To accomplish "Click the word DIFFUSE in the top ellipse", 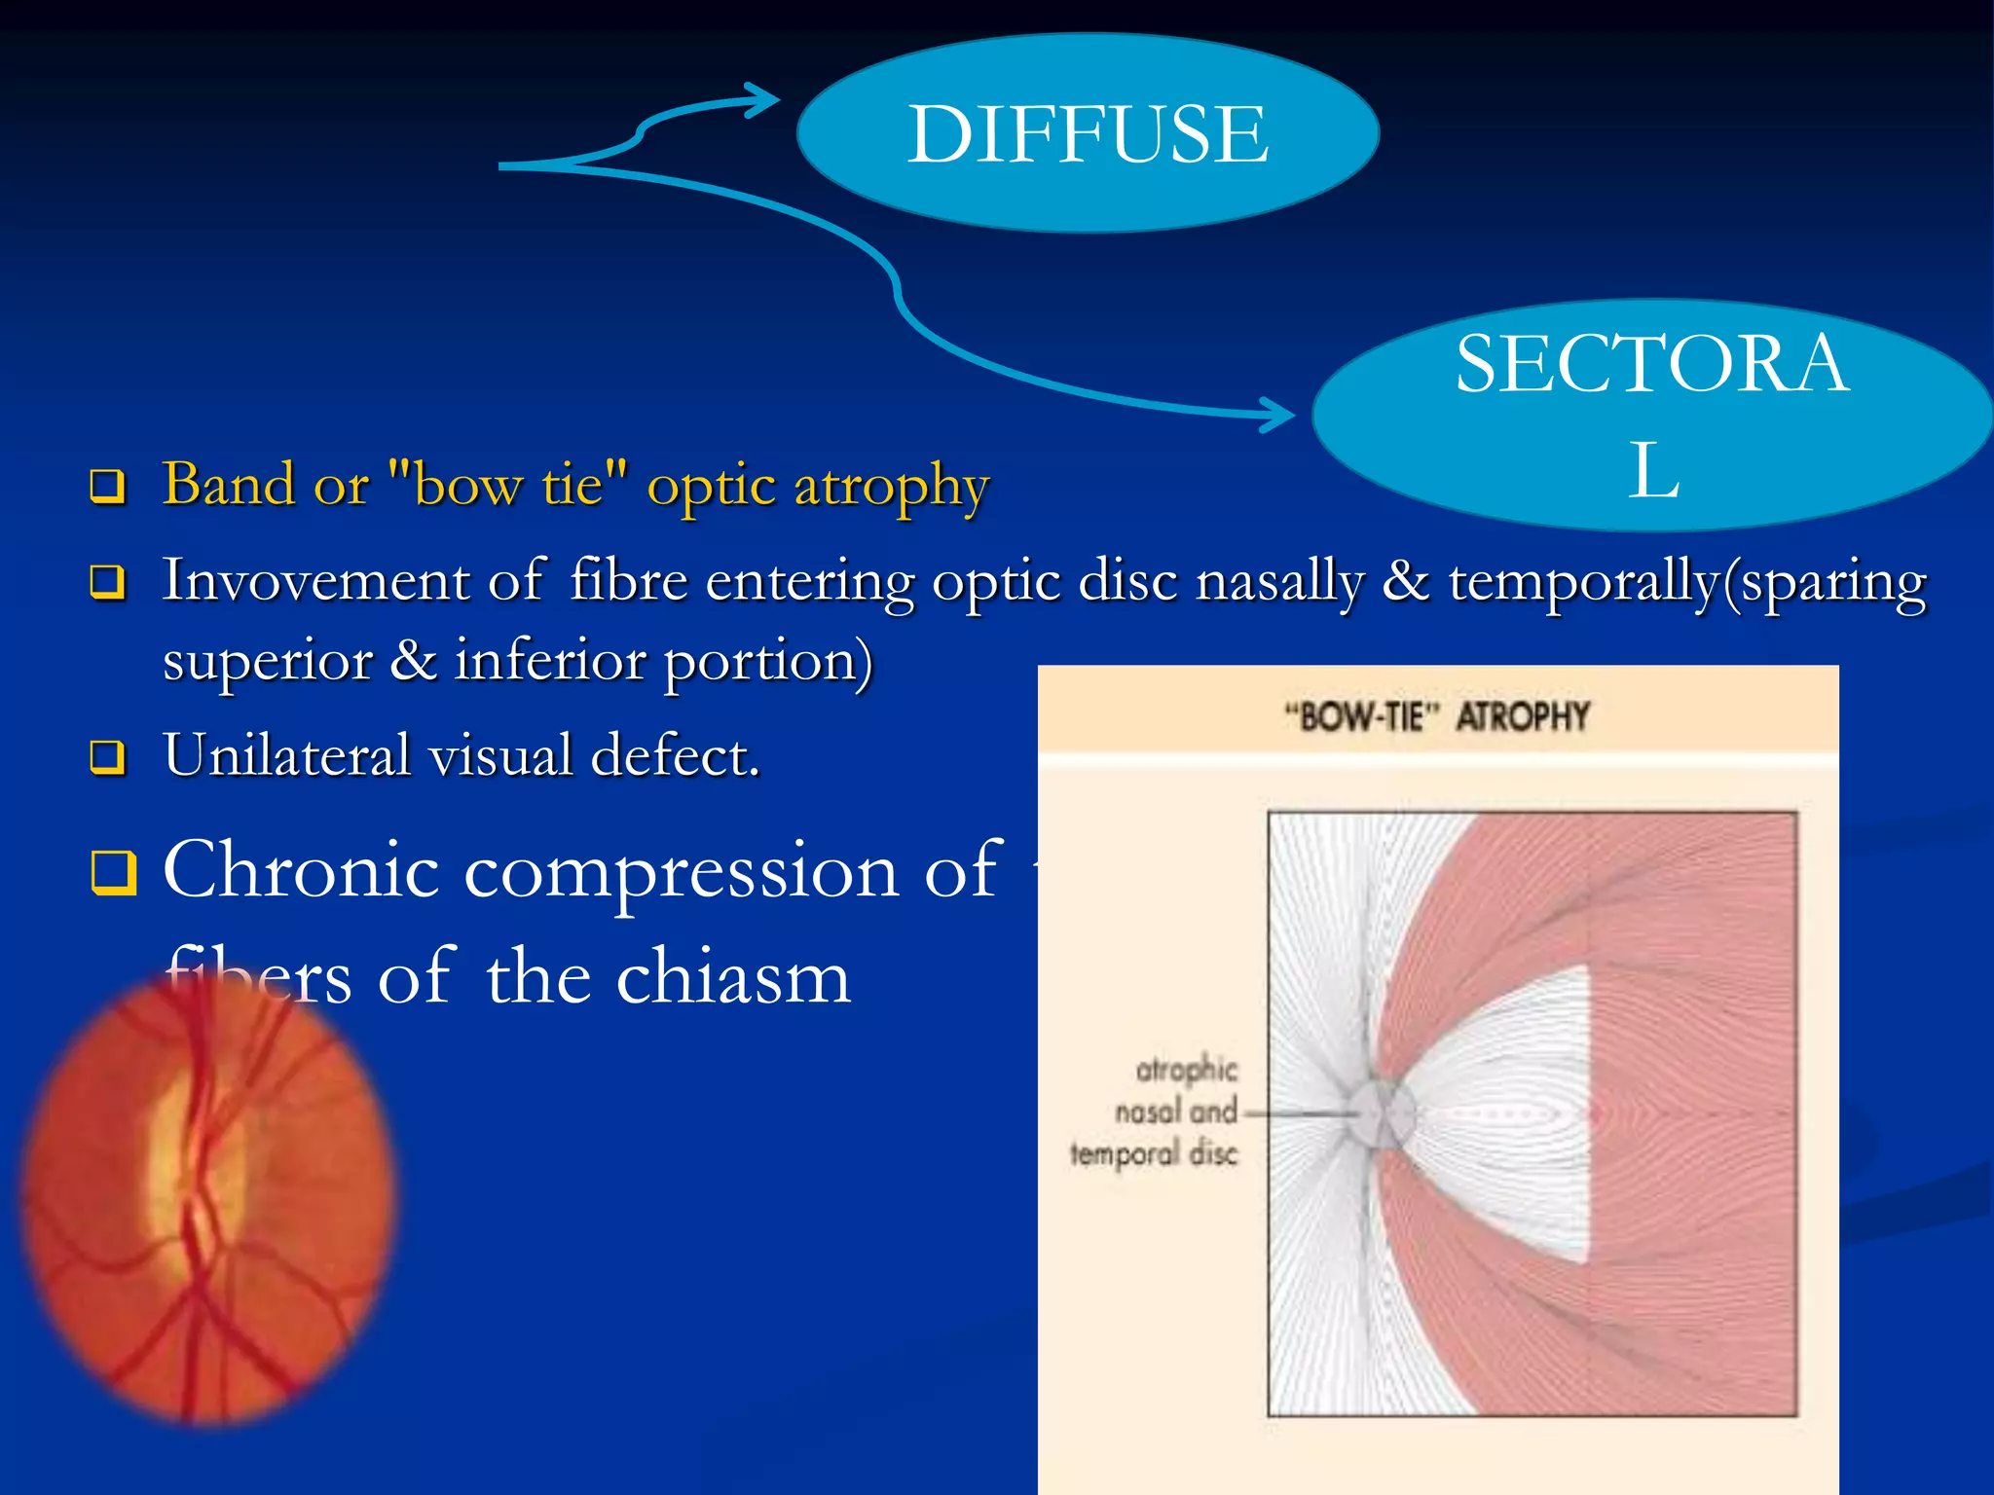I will (x=1088, y=134).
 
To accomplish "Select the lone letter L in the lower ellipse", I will (x=1653, y=471).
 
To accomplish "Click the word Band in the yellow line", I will (x=228, y=484).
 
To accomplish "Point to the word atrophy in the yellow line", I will (x=891, y=487).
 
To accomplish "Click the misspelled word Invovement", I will (x=316, y=581).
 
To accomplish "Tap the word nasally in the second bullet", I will (x=1279, y=582).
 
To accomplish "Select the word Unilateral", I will (x=287, y=755).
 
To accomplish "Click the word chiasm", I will (x=733, y=977).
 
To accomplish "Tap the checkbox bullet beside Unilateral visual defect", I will (x=107, y=756).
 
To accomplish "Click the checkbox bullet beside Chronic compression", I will (x=114, y=871).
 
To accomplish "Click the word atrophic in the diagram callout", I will (x=1186, y=1070).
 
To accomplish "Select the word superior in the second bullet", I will (x=268, y=662).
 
